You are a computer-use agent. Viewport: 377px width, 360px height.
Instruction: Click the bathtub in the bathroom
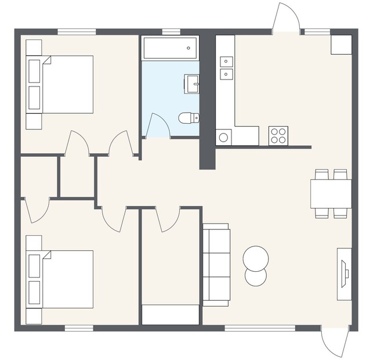(x=170, y=48)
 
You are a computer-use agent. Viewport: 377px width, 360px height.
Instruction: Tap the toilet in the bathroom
(x=188, y=118)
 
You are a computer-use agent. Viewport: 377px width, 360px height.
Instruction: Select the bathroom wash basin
(x=192, y=84)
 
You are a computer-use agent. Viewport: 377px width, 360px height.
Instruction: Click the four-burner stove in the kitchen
(x=278, y=136)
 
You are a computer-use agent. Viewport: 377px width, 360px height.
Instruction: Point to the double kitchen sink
(x=226, y=67)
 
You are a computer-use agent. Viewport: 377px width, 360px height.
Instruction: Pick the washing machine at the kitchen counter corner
(x=223, y=138)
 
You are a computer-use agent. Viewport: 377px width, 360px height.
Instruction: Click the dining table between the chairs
(x=331, y=193)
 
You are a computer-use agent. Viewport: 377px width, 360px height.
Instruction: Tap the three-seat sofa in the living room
(x=216, y=265)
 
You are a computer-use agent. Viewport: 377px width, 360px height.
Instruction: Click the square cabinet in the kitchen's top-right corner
(x=341, y=45)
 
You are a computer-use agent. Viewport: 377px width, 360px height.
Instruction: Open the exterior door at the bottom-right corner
(x=336, y=343)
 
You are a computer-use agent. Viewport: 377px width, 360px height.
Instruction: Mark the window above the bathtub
(x=171, y=31)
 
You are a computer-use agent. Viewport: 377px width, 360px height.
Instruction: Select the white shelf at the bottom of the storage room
(x=171, y=315)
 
